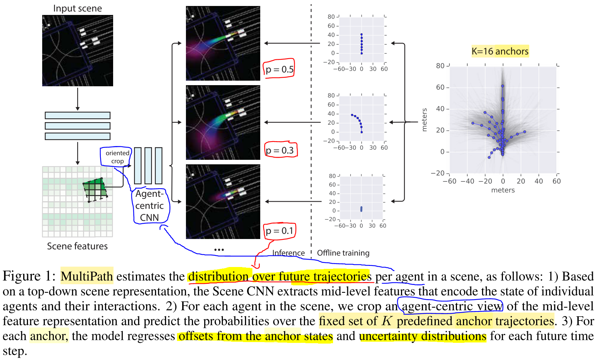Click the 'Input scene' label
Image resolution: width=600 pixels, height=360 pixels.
point(77,8)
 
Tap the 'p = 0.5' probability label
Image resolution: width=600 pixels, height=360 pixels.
point(279,69)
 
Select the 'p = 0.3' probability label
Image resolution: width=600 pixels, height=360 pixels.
point(280,150)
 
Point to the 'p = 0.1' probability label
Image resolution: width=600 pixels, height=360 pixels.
point(280,231)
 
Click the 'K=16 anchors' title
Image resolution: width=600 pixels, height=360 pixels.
point(500,51)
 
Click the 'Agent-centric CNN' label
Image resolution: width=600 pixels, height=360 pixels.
point(150,205)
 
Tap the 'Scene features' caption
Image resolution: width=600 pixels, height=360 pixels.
point(77,246)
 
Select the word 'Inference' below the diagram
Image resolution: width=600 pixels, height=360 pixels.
point(288,253)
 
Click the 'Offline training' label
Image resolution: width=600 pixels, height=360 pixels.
point(343,253)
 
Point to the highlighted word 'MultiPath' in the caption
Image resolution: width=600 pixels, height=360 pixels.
point(87,276)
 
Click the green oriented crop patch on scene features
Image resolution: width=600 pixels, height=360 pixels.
point(95,189)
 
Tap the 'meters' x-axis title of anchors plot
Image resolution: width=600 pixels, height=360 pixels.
point(503,190)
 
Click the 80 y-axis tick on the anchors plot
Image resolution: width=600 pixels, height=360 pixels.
point(441,66)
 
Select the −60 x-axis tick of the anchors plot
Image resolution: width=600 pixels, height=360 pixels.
point(450,181)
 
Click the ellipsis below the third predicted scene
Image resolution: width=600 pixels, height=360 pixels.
point(219,249)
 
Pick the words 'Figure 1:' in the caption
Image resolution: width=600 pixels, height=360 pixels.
point(29,276)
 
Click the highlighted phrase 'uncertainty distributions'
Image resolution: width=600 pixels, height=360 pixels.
point(423,336)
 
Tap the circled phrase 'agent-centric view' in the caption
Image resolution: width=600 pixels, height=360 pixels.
point(452,306)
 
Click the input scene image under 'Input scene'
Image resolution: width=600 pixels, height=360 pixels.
point(78,51)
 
